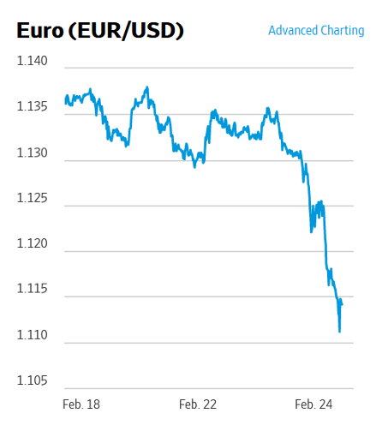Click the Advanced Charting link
[x=316, y=31]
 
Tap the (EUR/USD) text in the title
[x=128, y=31]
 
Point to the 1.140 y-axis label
[x=33, y=62]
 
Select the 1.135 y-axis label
[x=33, y=107]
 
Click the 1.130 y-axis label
[x=33, y=153]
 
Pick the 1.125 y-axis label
[x=33, y=199]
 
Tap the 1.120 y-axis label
[x=33, y=244]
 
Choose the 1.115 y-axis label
[x=33, y=290]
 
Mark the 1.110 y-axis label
[x=33, y=336]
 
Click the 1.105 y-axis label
[x=33, y=381]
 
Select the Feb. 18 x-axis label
[x=81, y=404]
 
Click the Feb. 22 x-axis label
[x=198, y=404]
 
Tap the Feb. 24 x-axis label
[x=313, y=404]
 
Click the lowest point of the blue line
[x=340, y=331]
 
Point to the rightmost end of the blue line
[x=343, y=304]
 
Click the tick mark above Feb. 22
[x=198, y=390]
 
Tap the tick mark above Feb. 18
[x=81, y=390]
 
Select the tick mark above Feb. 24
[x=313, y=390]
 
